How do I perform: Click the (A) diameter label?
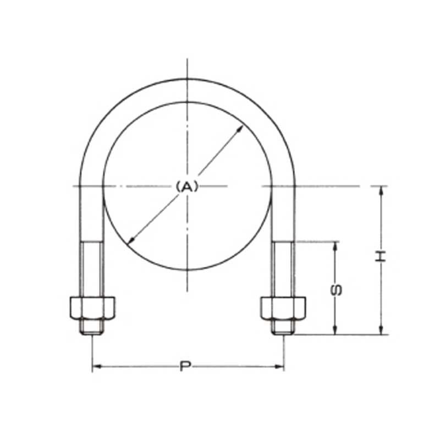[187, 187]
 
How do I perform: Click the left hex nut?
[92, 309]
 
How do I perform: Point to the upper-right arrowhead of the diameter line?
[241, 128]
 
